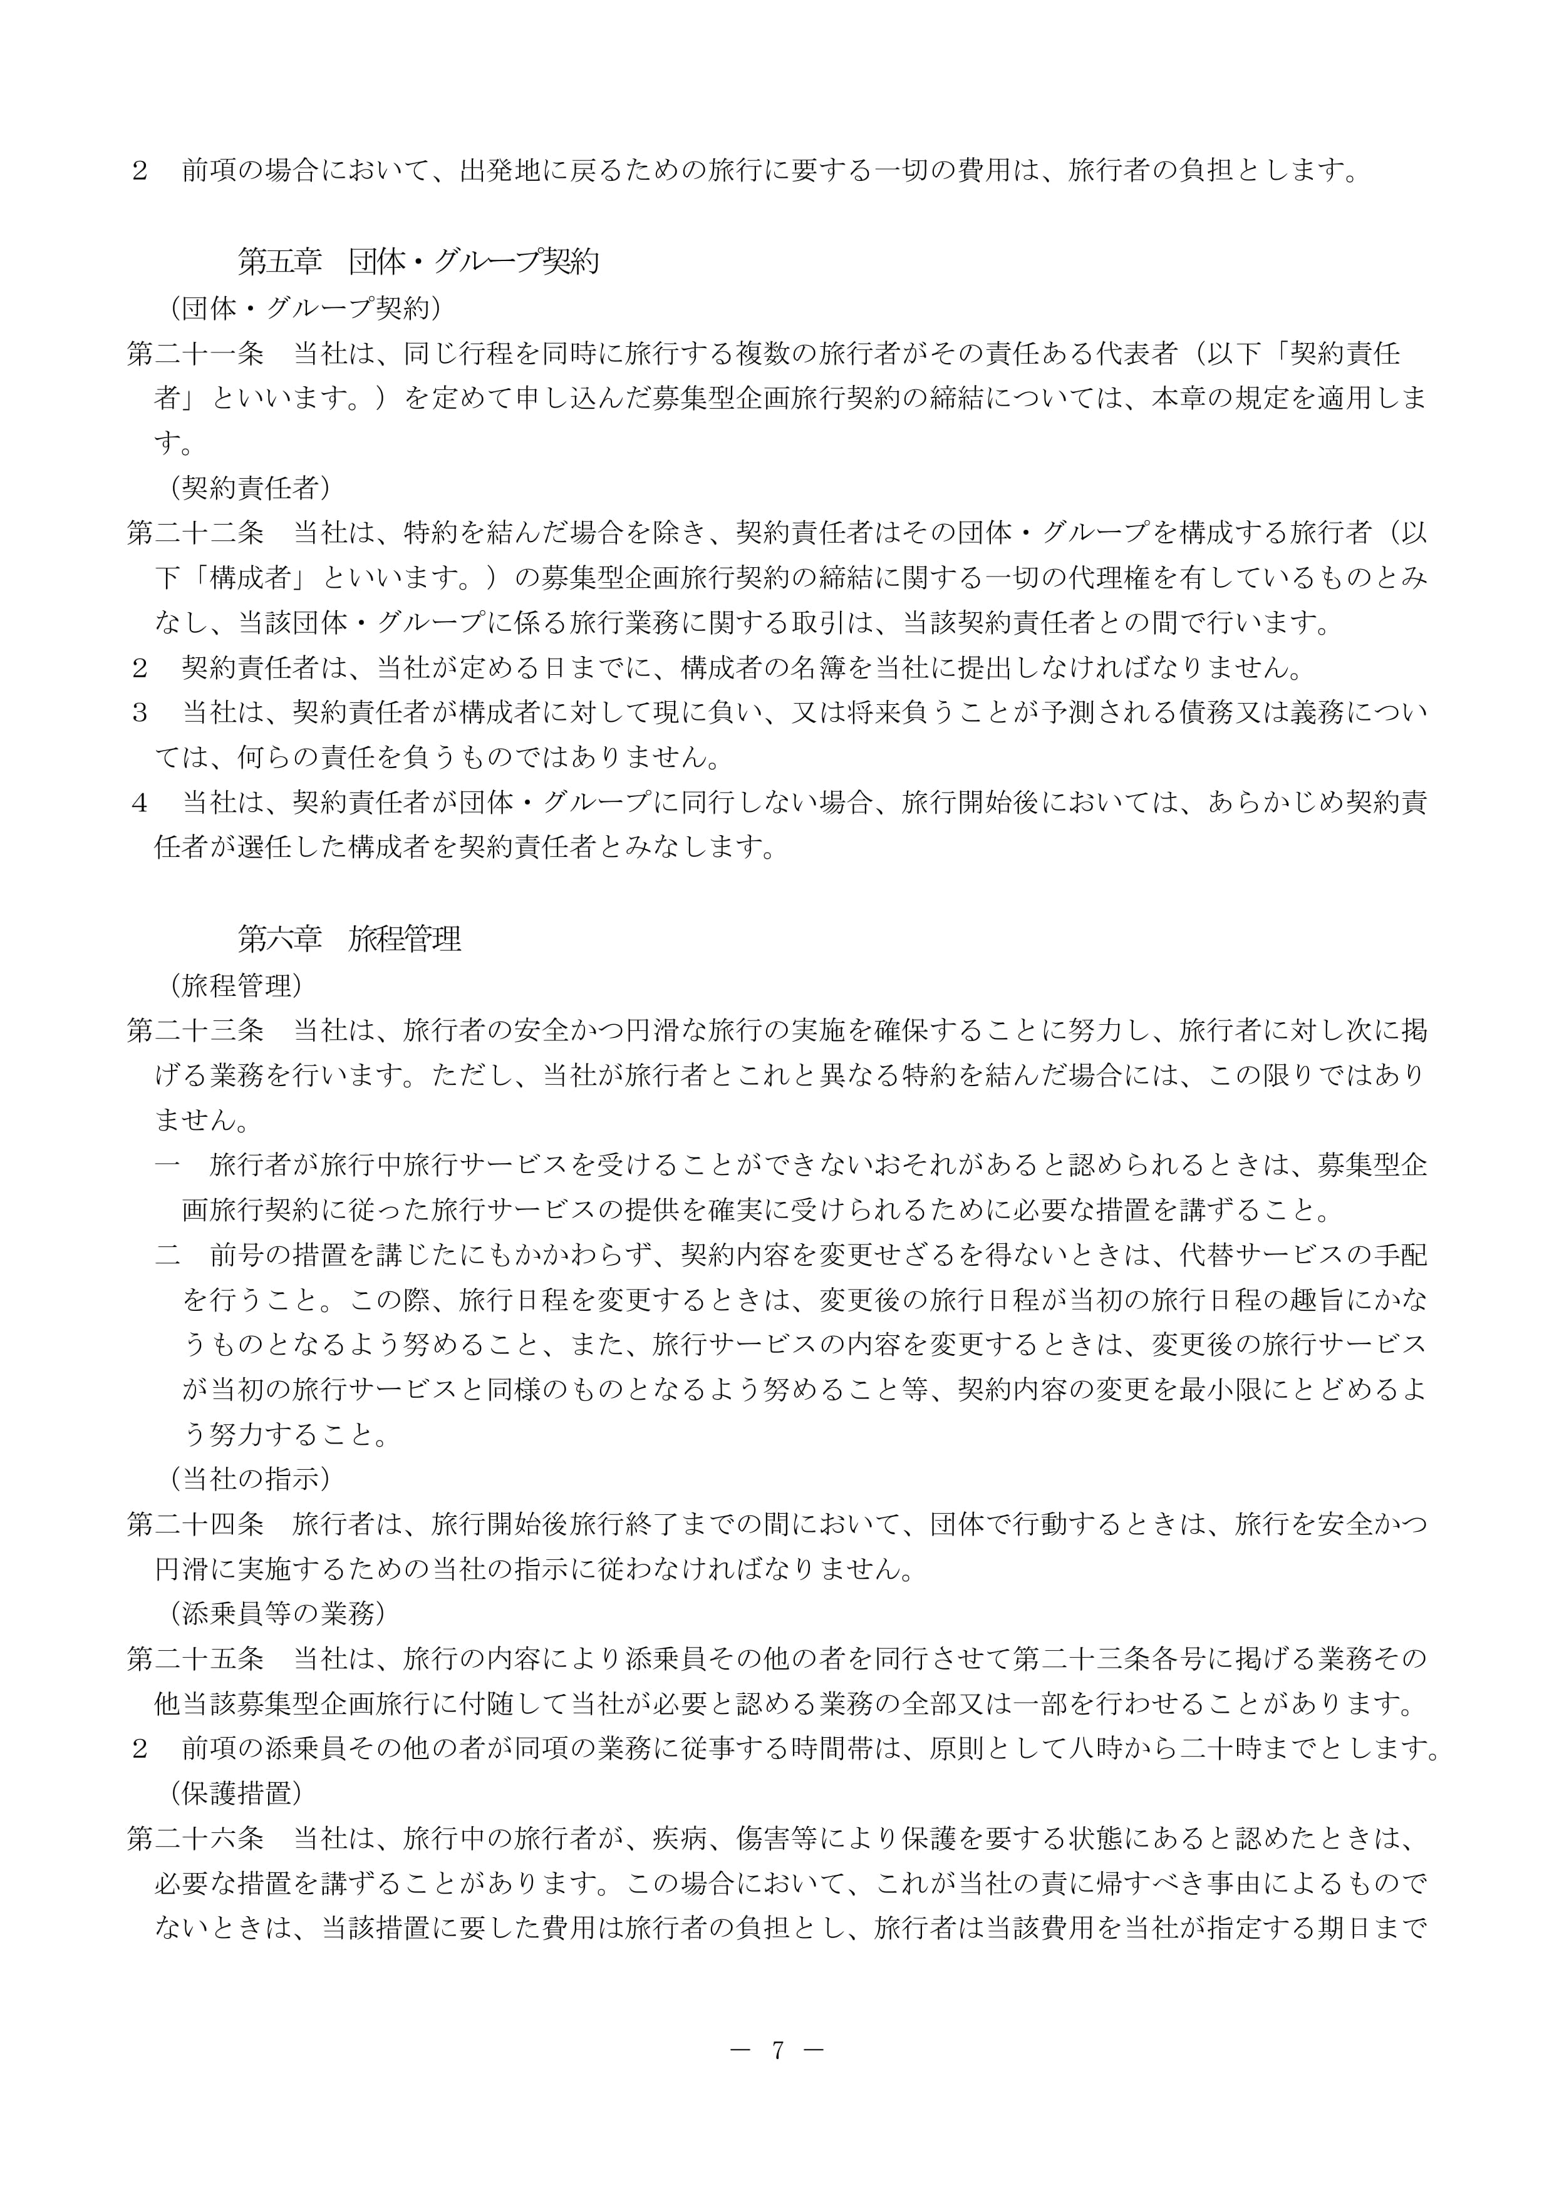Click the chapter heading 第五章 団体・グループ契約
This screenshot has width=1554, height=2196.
click(x=418, y=261)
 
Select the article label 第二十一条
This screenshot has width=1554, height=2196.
click(x=195, y=354)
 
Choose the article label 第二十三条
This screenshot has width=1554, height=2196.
click(x=195, y=1030)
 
